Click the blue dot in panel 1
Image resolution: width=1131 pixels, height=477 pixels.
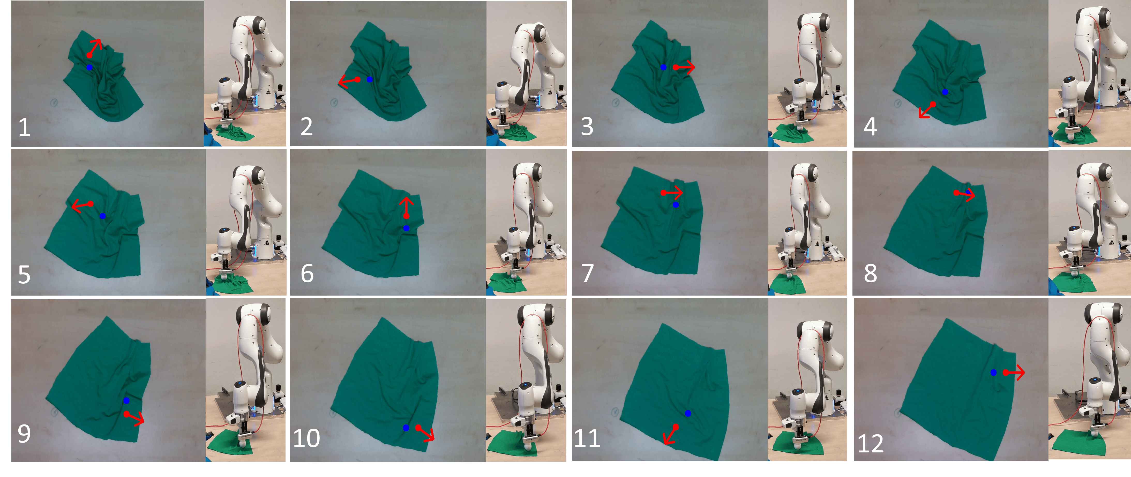point(89,68)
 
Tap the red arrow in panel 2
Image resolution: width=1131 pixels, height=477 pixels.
point(349,81)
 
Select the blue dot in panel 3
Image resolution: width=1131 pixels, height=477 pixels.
point(663,67)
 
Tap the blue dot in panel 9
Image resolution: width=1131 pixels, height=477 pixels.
point(126,401)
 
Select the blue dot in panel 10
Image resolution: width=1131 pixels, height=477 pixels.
point(406,428)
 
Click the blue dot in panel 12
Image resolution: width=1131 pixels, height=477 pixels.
point(994,372)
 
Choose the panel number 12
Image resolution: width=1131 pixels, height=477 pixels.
point(870,444)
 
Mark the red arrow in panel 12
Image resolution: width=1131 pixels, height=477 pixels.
point(1014,372)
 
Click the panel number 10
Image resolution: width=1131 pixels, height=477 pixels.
point(306,438)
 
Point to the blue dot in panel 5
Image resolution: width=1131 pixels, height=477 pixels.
point(103,216)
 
